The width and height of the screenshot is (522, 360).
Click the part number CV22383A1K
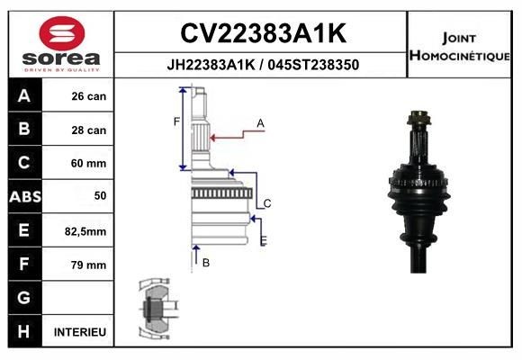(263, 33)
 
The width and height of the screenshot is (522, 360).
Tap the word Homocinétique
(462, 56)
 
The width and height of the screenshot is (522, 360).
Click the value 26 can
(88, 96)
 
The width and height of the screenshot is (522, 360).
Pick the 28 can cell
(88, 130)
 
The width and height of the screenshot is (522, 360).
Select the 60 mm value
(88, 164)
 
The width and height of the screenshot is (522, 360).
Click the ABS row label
(23, 196)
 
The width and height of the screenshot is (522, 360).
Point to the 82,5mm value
(87, 231)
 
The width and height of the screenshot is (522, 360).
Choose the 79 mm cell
(88, 265)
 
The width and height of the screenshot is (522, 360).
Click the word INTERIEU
(80, 332)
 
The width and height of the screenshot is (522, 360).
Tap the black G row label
(23, 298)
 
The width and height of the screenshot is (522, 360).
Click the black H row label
(23, 332)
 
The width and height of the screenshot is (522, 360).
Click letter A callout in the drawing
(260, 122)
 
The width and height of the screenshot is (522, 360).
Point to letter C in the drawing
(267, 203)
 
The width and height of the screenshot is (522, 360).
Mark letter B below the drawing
(206, 263)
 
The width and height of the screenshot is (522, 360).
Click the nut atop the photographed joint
(418, 117)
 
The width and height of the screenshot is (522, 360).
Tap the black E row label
(23, 230)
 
